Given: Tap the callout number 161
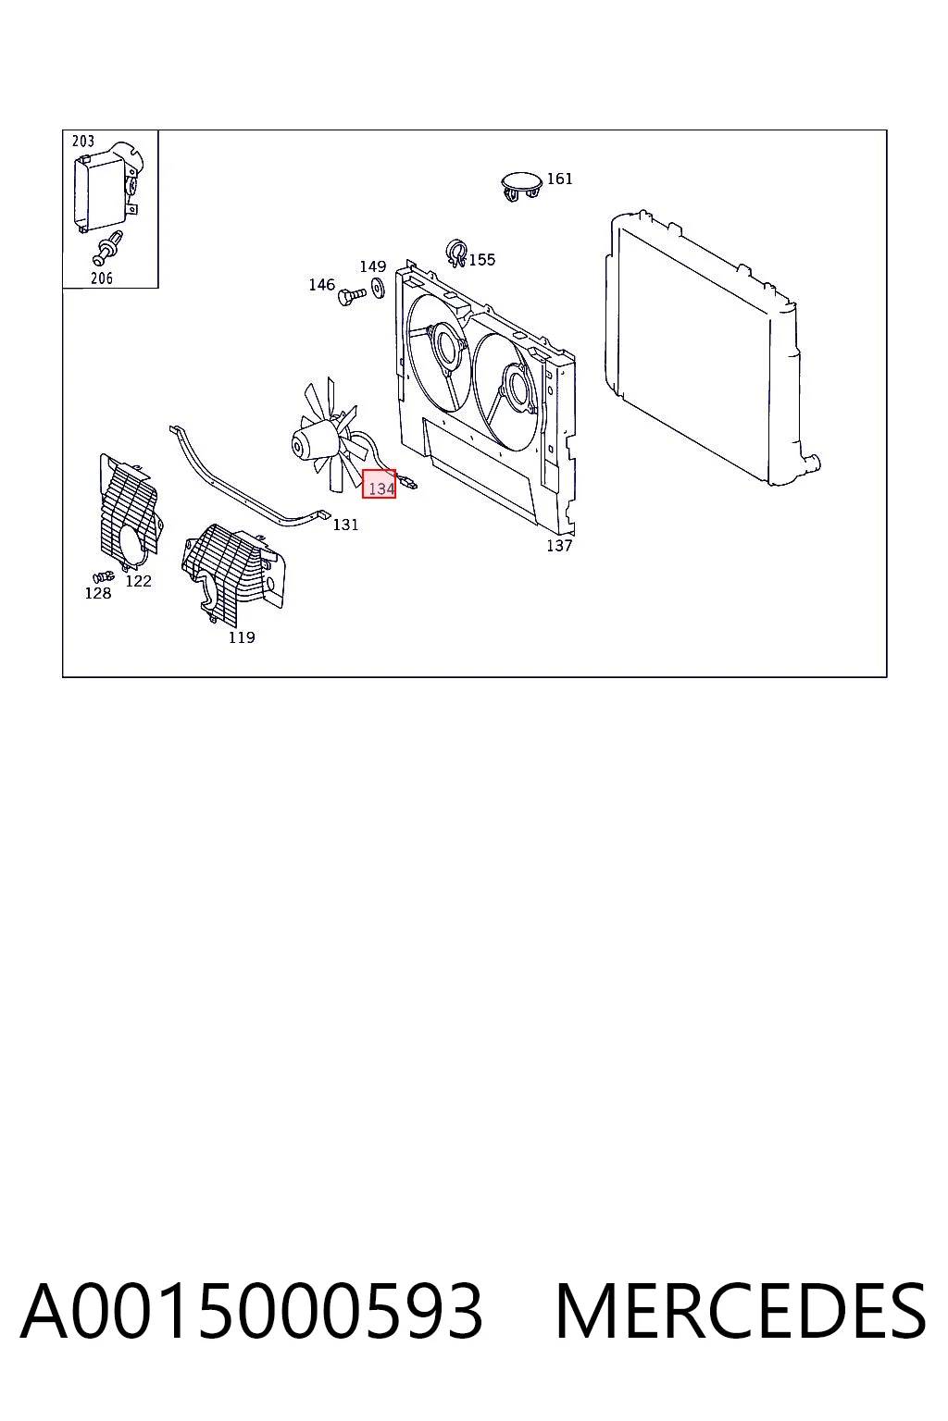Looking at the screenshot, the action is pyautogui.click(x=559, y=179).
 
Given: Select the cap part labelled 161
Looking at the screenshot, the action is pyautogui.click(x=521, y=186).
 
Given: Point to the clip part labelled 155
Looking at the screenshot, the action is pyautogui.click(x=456, y=253).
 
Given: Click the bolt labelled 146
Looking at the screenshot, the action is pyautogui.click(x=352, y=296).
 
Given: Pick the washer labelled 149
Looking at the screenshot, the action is pyautogui.click(x=378, y=289).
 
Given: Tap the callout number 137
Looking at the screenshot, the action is pyautogui.click(x=559, y=546).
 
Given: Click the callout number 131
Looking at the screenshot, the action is pyautogui.click(x=345, y=525).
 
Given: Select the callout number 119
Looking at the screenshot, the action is pyautogui.click(x=242, y=637).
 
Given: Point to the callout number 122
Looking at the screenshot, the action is pyautogui.click(x=139, y=581).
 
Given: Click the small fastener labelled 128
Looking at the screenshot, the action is pyautogui.click(x=102, y=576).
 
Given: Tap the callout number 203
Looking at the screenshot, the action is pyautogui.click(x=83, y=141).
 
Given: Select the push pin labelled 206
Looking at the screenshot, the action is pyautogui.click(x=107, y=249).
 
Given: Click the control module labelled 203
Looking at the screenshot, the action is pyautogui.click(x=106, y=188).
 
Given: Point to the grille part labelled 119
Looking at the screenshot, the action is pyautogui.click(x=232, y=571).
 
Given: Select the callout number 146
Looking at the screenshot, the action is pyautogui.click(x=322, y=285).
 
